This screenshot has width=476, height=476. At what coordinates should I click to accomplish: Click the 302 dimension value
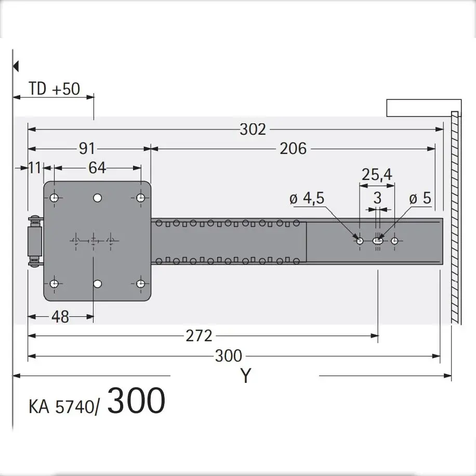(253, 130)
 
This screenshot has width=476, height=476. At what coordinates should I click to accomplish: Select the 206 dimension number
(293, 149)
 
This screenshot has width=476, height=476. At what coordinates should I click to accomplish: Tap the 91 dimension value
(87, 149)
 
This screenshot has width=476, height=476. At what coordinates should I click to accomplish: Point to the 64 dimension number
(97, 168)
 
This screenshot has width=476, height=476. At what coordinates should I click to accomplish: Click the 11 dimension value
(35, 168)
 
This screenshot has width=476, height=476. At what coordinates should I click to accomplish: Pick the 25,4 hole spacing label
(377, 175)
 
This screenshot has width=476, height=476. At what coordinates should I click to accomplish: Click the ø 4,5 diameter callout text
(307, 198)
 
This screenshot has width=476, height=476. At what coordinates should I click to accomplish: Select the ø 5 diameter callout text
(420, 198)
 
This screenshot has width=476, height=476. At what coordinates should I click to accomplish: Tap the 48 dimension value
(60, 317)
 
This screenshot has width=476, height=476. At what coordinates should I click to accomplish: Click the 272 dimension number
(199, 336)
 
